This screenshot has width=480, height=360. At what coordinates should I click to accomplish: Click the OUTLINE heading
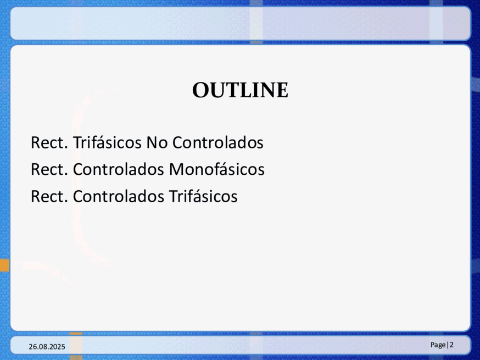tap(241, 90)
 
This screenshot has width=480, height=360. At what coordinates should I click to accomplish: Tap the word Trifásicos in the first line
tap(107, 142)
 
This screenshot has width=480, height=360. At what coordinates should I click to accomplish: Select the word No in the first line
tap(157, 143)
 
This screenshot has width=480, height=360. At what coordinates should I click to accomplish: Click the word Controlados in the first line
tap(217, 142)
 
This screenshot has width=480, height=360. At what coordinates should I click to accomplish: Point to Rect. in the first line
tap(49, 143)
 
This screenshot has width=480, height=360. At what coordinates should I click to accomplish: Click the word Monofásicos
tap(217, 169)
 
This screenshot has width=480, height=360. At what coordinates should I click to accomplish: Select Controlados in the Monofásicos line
tap(119, 169)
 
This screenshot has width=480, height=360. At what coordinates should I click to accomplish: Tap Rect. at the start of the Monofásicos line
tap(49, 170)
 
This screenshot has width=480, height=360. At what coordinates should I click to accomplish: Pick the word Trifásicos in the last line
tap(203, 196)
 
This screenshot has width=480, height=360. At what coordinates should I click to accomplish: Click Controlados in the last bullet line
tap(119, 196)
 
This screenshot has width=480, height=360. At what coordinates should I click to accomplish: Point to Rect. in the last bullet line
tap(49, 197)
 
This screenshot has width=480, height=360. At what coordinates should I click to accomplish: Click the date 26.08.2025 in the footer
tap(47, 347)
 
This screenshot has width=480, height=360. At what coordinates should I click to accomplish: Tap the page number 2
tap(451, 345)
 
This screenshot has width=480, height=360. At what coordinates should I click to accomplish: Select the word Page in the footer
tap(438, 345)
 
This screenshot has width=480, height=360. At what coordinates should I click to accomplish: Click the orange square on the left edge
tap(4, 265)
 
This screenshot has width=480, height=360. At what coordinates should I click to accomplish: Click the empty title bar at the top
tap(241, 23)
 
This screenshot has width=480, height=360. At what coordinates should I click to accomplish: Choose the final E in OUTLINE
tap(282, 90)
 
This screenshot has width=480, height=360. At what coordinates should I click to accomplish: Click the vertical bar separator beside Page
tap(448, 345)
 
